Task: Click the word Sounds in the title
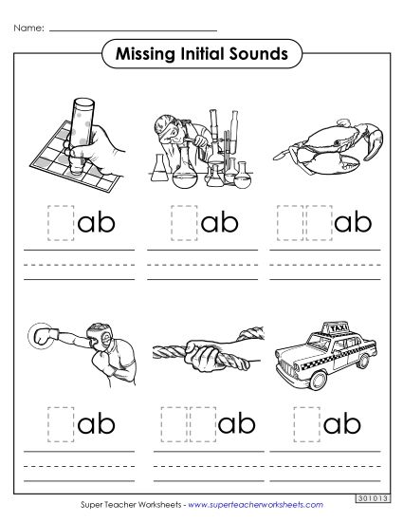(257, 54)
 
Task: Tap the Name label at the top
(27, 28)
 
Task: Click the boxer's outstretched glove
(41, 336)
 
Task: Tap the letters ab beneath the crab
(350, 223)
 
